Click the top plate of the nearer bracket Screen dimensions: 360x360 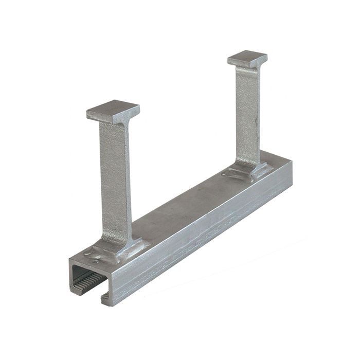[x=112, y=109]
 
